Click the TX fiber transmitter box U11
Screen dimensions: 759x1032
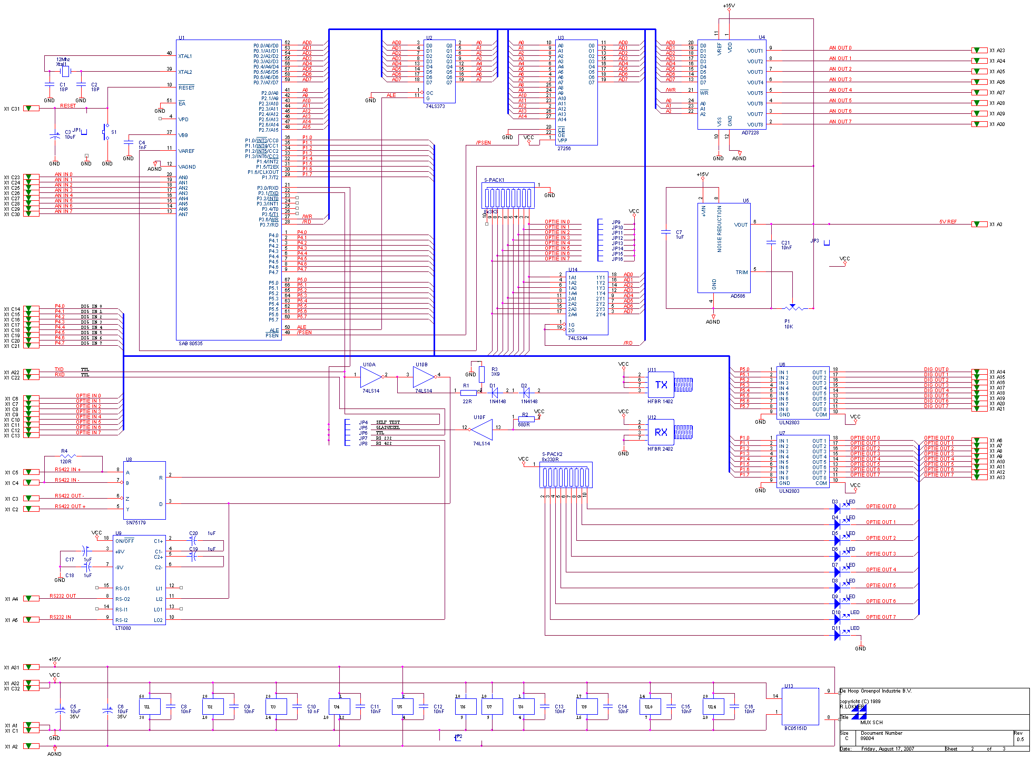(x=661, y=385)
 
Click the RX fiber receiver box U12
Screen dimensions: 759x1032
(x=661, y=432)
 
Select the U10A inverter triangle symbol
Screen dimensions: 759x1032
(x=371, y=376)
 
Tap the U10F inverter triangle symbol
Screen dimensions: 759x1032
(x=482, y=429)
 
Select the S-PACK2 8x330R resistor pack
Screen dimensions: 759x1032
(x=566, y=476)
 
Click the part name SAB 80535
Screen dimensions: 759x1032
(x=190, y=343)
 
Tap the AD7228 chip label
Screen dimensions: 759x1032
(x=750, y=132)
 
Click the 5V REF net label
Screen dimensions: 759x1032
(x=948, y=222)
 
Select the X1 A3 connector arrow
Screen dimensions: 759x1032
(x=979, y=225)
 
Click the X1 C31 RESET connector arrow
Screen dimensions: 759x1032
(x=31, y=109)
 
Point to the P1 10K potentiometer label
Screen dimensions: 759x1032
(x=788, y=324)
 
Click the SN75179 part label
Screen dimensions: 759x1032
(x=135, y=522)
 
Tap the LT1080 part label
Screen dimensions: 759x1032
(x=123, y=628)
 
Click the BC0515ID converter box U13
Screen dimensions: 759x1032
(x=800, y=706)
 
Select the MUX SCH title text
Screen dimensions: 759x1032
(x=871, y=722)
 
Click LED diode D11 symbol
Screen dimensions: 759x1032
(x=837, y=636)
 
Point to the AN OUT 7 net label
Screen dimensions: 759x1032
(x=840, y=122)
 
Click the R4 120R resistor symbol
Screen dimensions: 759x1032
(x=67, y=456)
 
